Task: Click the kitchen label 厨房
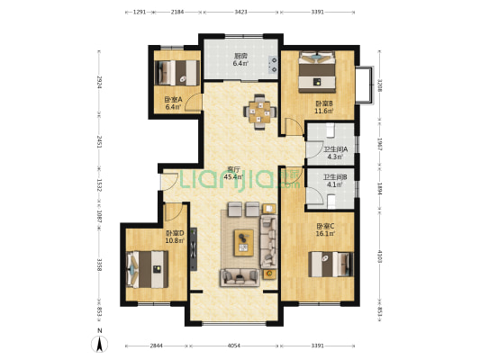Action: click(240, 57)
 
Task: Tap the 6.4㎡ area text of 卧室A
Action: click(173, 107)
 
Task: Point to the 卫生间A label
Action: click(336, 149)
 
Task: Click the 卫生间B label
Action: click(335, 177)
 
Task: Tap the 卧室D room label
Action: click(175, 233)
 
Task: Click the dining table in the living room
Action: click(260, 112)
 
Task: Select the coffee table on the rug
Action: click(244, 243)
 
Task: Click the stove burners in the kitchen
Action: click(273, 65)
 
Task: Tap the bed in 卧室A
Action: click(177, 73)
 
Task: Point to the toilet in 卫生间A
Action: click(330, 130)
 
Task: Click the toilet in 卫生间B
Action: click(331, 202)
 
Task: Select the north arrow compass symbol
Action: click(99, 343)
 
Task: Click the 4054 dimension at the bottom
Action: click(234, 346)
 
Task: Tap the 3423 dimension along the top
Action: click(241, 13)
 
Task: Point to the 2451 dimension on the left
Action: click(99, 142)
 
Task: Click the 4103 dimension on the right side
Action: click(380, 256)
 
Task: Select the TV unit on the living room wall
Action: click(194, 249)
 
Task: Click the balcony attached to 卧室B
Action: click(365, 85)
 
